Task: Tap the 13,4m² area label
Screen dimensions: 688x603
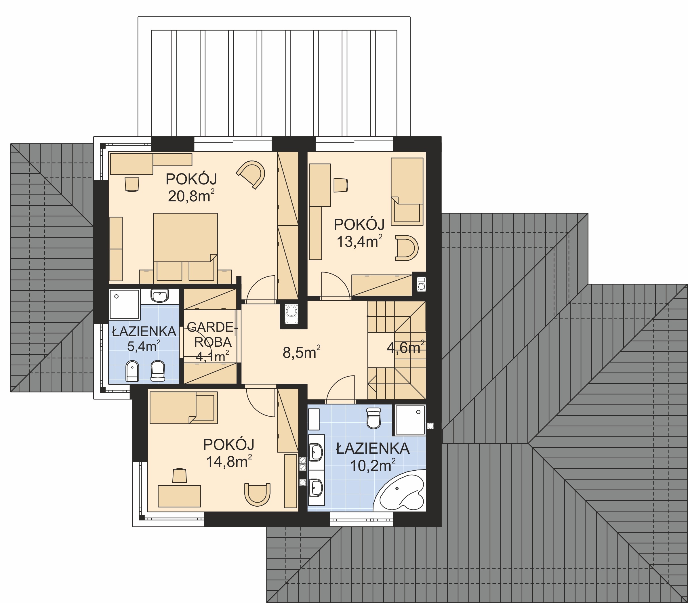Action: pyautogui.click(x=359, y=241)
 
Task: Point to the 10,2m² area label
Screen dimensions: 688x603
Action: pyautogui.click(x=373, y=465)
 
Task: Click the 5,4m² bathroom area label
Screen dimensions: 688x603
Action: pyautogui.click(x=143, y=346)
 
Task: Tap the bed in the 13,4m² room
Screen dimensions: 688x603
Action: pyautogui.click(x=407, y=191)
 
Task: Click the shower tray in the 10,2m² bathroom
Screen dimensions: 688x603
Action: pyautogui.click(x=410, y=420)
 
